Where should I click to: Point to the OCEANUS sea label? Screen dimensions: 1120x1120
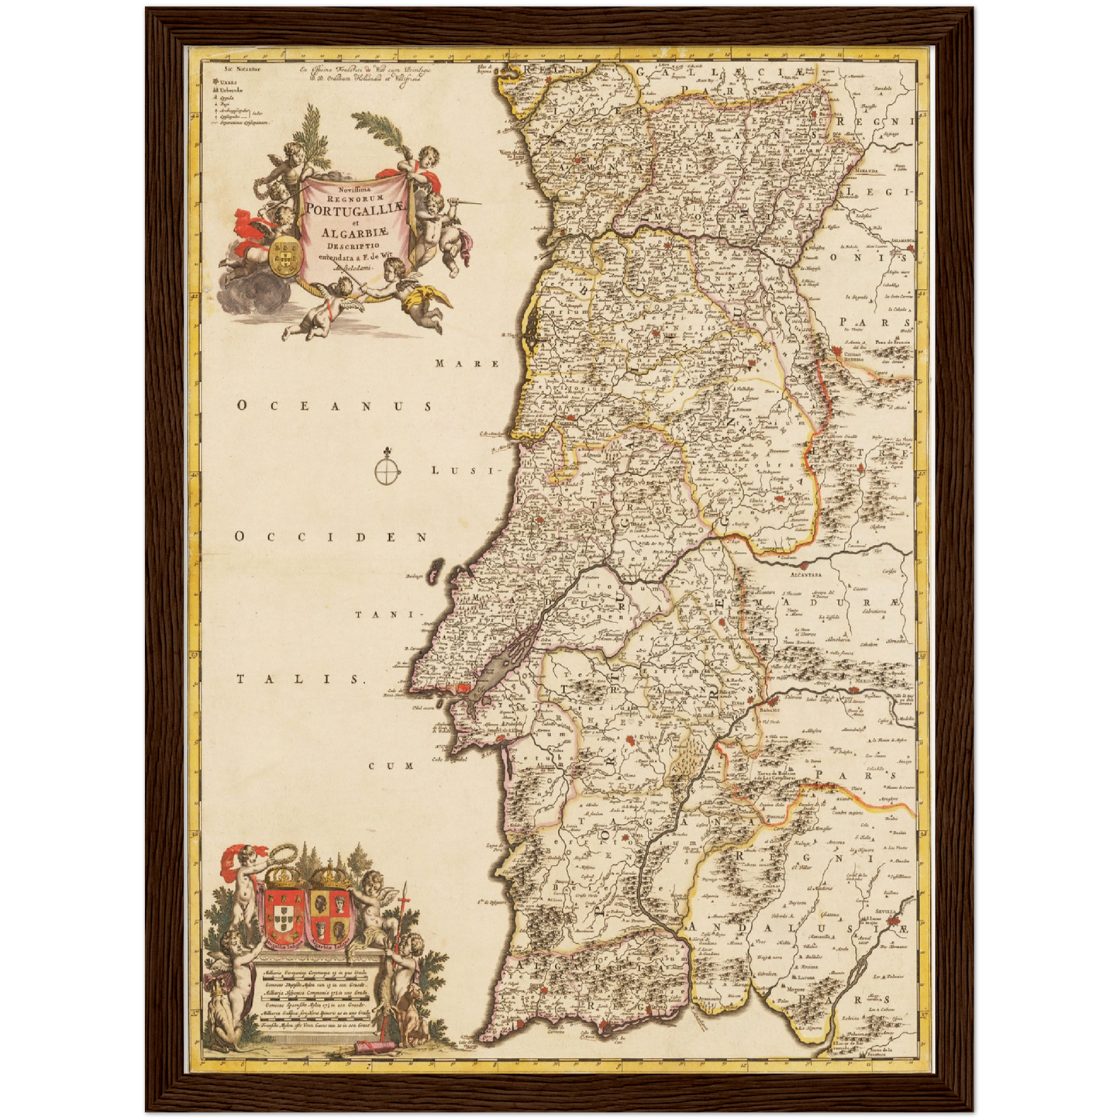click(x=334, y=405)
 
